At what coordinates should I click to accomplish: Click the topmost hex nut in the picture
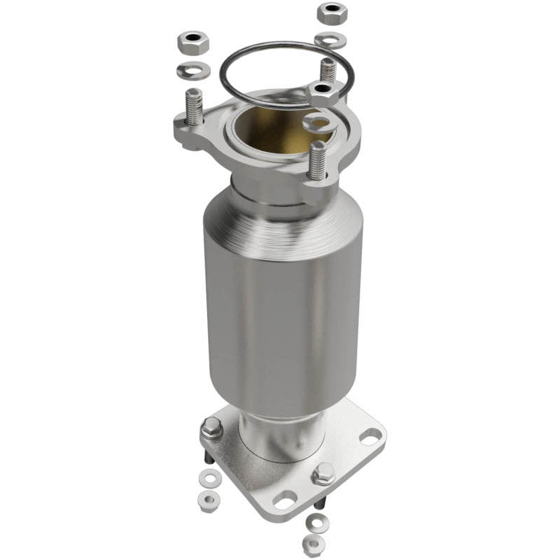[x=332, y=13]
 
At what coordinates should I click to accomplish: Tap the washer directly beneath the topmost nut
[x=330, y=40]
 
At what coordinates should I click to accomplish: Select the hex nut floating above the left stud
[x=193, y=45]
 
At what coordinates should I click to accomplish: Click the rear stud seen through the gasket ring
[x=328, y=69]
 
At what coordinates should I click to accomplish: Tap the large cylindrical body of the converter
[x=283, y=308]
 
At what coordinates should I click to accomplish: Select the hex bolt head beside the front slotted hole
[x=323, y=474]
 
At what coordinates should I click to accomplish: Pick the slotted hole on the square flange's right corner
[x=371, y=437]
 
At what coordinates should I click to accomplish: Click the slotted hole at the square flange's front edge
[x=284, y=500]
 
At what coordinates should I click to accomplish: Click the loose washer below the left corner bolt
[x=209, y=478]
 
